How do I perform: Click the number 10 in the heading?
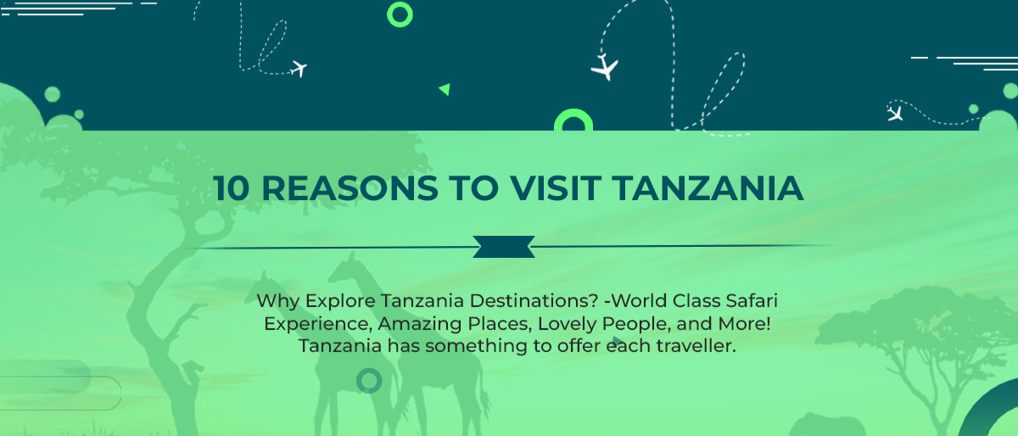[x=232, y=188]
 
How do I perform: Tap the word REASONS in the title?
[x=350, y=188]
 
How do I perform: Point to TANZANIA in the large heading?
[x=708, y=188]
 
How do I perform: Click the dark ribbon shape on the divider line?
[x=504, y=247]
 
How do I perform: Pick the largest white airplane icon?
[x=605, y=67]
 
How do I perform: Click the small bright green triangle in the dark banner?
[x=445, y=89]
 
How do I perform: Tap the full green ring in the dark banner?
[x=400, y=14]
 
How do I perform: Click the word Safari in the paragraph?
[x=752, y=301]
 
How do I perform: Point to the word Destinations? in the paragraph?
[x=534, y=301]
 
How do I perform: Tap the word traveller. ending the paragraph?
[x=696, y=346]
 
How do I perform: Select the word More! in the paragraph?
[x=745, y=324]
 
